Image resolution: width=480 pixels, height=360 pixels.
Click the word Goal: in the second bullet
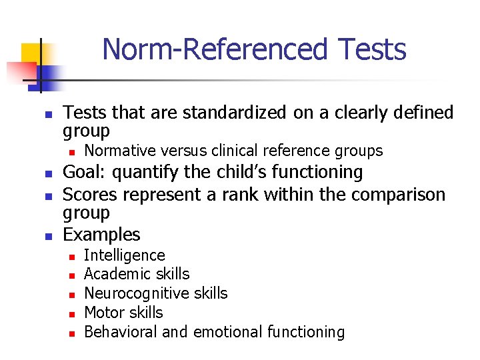[85, 172]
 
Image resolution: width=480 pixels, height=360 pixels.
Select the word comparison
[387, 195]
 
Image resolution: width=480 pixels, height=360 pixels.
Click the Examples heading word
[101, 235]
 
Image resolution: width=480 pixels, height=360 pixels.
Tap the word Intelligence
[125, 255]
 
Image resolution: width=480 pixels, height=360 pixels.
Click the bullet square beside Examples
[48, 236]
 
